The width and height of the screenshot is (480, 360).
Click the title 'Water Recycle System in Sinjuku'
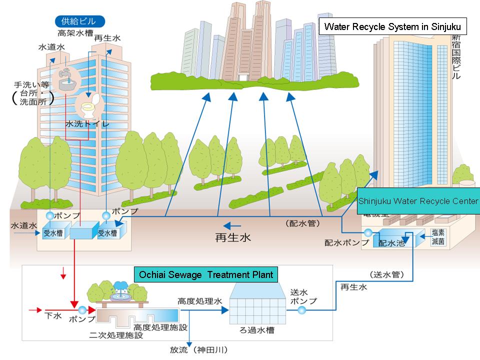pyautogui.click(x=393, y=26)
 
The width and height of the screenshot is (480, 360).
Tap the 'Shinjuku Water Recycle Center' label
pyautogui.click(x=418, y=201)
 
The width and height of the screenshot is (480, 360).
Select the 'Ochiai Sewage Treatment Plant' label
pyautogui.click(x=206, y=274)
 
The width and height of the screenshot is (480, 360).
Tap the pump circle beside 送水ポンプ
pyautogui.click(x=302, y=310)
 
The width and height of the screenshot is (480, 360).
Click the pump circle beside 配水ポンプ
pyautogui.click(x=368, y=233)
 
